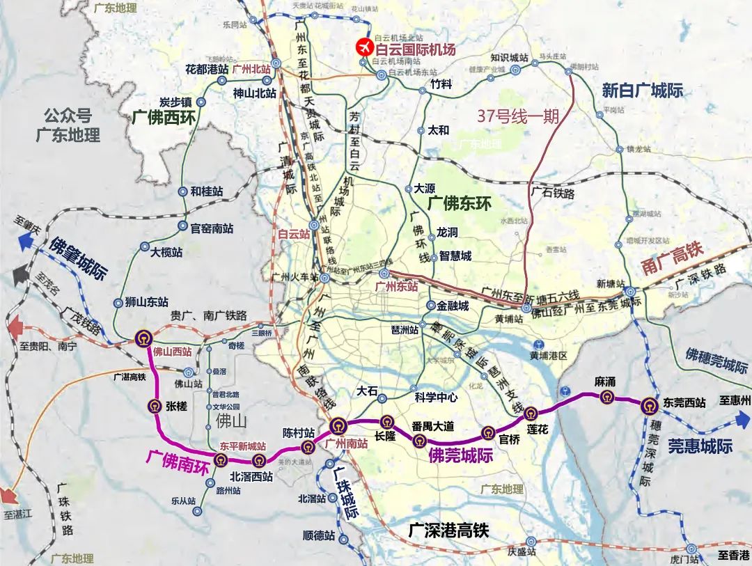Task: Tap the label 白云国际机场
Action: point(415,49)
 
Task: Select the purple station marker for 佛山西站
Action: point(143,339)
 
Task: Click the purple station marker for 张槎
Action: point(155,407)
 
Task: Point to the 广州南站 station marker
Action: point(338,426)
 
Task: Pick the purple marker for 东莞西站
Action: point(649,404)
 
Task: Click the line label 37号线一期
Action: point(518,116)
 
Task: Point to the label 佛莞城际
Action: point(461,456)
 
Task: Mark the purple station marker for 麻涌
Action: point(603,397)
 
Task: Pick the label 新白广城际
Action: point(642,91)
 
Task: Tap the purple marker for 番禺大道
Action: point(419,439)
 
